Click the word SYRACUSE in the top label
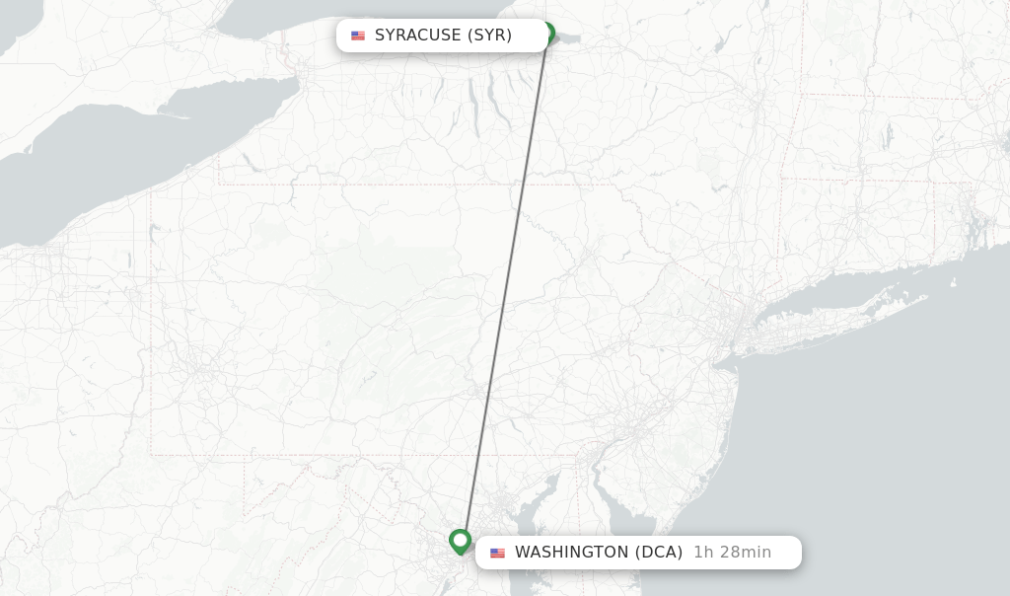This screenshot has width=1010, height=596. point(417,36)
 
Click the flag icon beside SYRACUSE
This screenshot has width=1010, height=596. point(358,36)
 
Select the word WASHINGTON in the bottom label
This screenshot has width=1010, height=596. point(570,553)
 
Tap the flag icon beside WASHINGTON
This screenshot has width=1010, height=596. point(497,553)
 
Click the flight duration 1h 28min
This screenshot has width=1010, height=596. point(732,553)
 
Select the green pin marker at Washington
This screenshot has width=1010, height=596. point(460,541)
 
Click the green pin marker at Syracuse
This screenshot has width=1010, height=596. point(547,33)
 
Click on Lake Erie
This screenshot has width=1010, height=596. point(99,168)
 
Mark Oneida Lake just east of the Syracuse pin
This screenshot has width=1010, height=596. point(568,38)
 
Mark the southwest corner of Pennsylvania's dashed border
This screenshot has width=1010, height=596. point(151,455)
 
